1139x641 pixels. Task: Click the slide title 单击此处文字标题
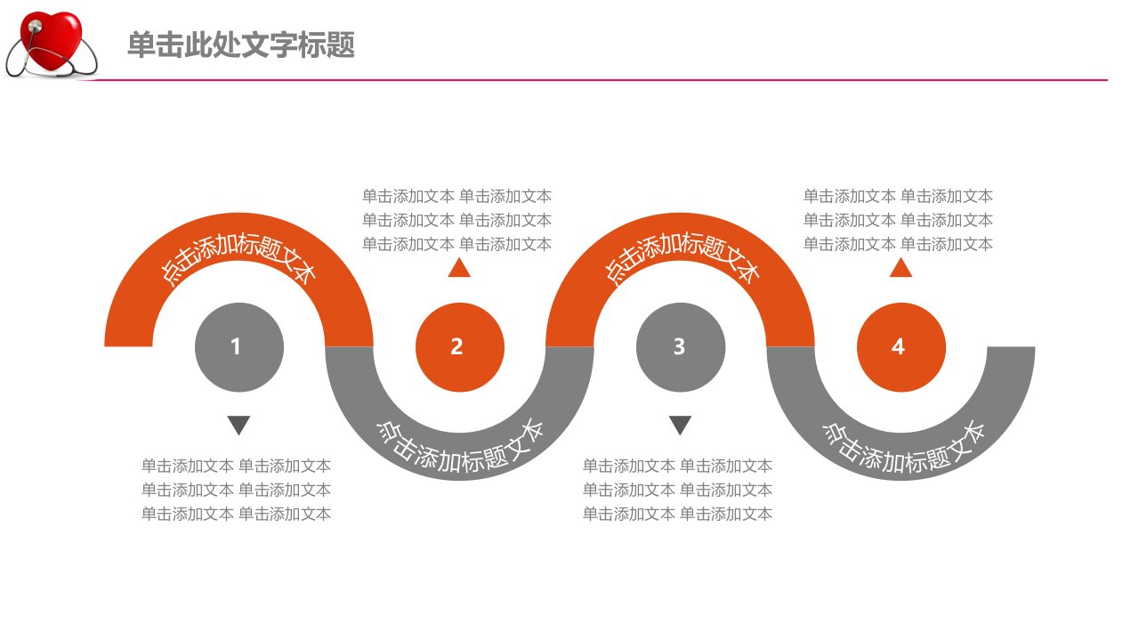241,45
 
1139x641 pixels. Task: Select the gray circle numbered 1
239,347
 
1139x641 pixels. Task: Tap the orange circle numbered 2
460,347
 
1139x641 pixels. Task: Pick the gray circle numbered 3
681,347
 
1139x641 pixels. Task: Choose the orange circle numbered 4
901,347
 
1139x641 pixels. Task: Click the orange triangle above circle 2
459,269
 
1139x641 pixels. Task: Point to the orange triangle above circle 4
901,269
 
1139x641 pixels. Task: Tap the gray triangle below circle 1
238,425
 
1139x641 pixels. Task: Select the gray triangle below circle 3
680,425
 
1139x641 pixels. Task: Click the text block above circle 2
456,220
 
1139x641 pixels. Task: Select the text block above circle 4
898,220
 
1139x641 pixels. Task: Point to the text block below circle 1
236,490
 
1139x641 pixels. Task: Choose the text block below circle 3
677,490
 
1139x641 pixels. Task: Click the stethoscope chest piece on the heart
36,26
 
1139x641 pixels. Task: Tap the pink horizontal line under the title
593,80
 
